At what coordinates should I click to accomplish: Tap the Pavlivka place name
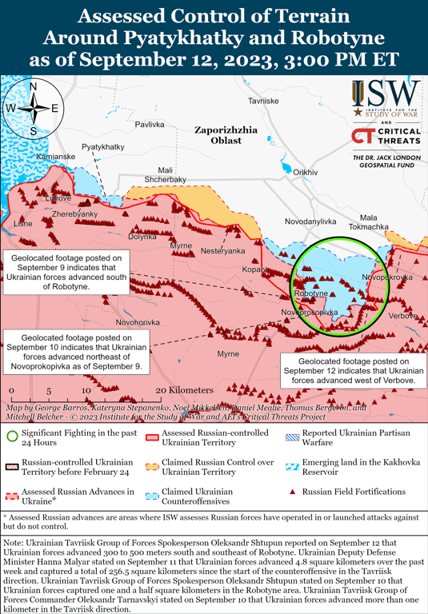click(149, 124)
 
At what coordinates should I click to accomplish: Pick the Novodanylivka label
click(311, 221)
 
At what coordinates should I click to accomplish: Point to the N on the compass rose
click(34, 86)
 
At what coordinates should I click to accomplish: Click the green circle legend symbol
click(12, 437)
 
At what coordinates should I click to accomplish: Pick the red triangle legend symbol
click(293, 492)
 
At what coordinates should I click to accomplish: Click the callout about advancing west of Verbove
click(349, 371)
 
